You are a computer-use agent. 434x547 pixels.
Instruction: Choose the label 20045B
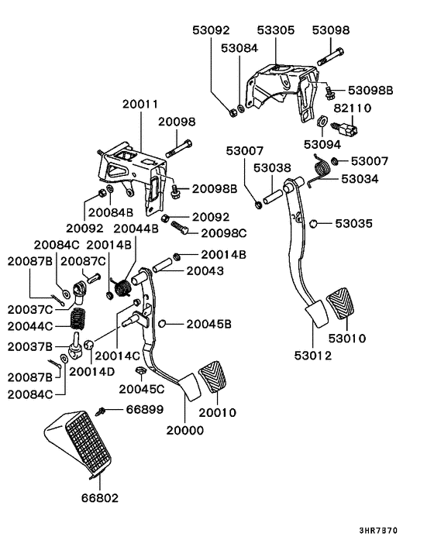tap(208, 323)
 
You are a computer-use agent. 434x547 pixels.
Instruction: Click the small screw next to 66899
tap(101, 411)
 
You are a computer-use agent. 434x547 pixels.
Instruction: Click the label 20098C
tap(223, 232)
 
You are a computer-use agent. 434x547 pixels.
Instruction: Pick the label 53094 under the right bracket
tap(323, 144)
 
